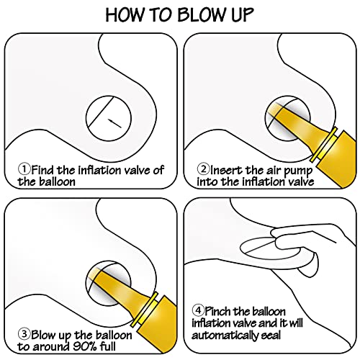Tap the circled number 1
(24, 169)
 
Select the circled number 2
(203, 169)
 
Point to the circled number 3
(24, 334)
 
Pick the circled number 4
(198, 310)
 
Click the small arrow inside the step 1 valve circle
(114, 123)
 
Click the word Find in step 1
(42, 170)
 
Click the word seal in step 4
(271, 335)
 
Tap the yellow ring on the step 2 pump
(323, 145)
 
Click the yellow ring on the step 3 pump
(144, 309)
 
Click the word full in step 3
(108, 346)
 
